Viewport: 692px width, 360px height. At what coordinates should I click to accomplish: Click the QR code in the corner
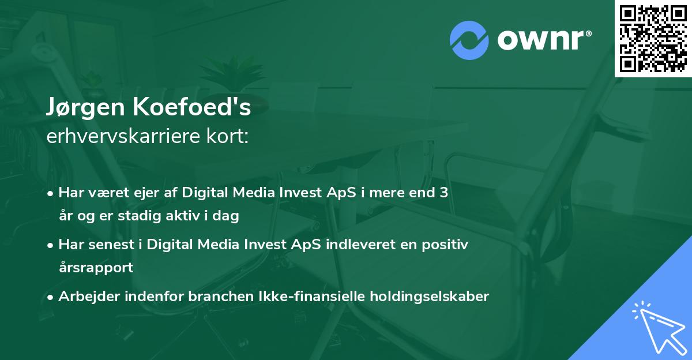click(x=653, y=39)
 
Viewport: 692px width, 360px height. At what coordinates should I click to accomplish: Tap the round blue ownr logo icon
click(x=469, y=40)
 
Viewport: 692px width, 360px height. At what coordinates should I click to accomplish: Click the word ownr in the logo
click(x=543, y=40)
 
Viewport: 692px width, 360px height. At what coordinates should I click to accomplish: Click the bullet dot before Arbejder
click(x=51, y=297)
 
